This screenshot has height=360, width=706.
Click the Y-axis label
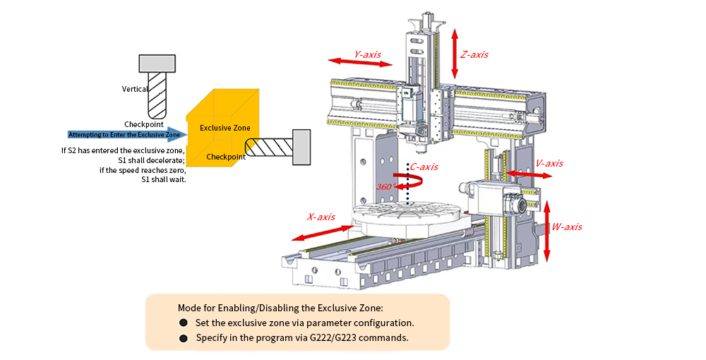[367, 54]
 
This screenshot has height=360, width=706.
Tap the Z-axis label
[474, 54]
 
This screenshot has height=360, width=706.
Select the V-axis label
[549, 163]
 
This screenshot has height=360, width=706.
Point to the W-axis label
[567, 227]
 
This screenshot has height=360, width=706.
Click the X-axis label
[321, 217]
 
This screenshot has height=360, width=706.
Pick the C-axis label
[424, 167]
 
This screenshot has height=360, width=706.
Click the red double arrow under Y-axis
[360, 63]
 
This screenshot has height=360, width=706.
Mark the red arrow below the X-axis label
[321, 232]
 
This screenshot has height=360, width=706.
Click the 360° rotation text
[384, 186]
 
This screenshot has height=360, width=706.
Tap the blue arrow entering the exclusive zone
[127, 134]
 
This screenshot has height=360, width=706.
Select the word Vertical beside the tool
[135, 89]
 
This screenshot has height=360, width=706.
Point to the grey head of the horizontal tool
[301, 147]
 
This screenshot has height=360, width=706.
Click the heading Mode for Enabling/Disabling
[280, 308]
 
